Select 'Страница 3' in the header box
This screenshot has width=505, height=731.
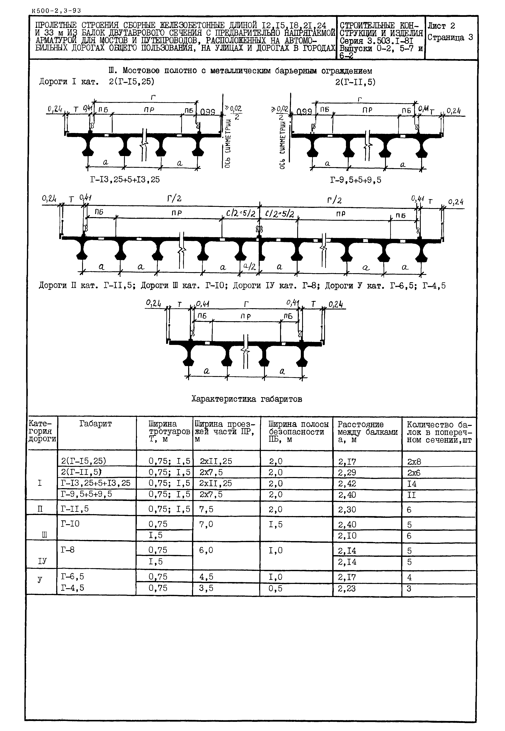(x=450, y=37)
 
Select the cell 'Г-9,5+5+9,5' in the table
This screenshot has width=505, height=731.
(x=86, y=494)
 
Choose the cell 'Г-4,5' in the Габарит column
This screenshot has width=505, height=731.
(x=72, y=588)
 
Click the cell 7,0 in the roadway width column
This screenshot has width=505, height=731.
(x=206, y=524)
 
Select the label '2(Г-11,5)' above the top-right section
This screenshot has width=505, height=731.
(x=355, y=82)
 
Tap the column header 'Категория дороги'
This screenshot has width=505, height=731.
(x=42, y=432)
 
